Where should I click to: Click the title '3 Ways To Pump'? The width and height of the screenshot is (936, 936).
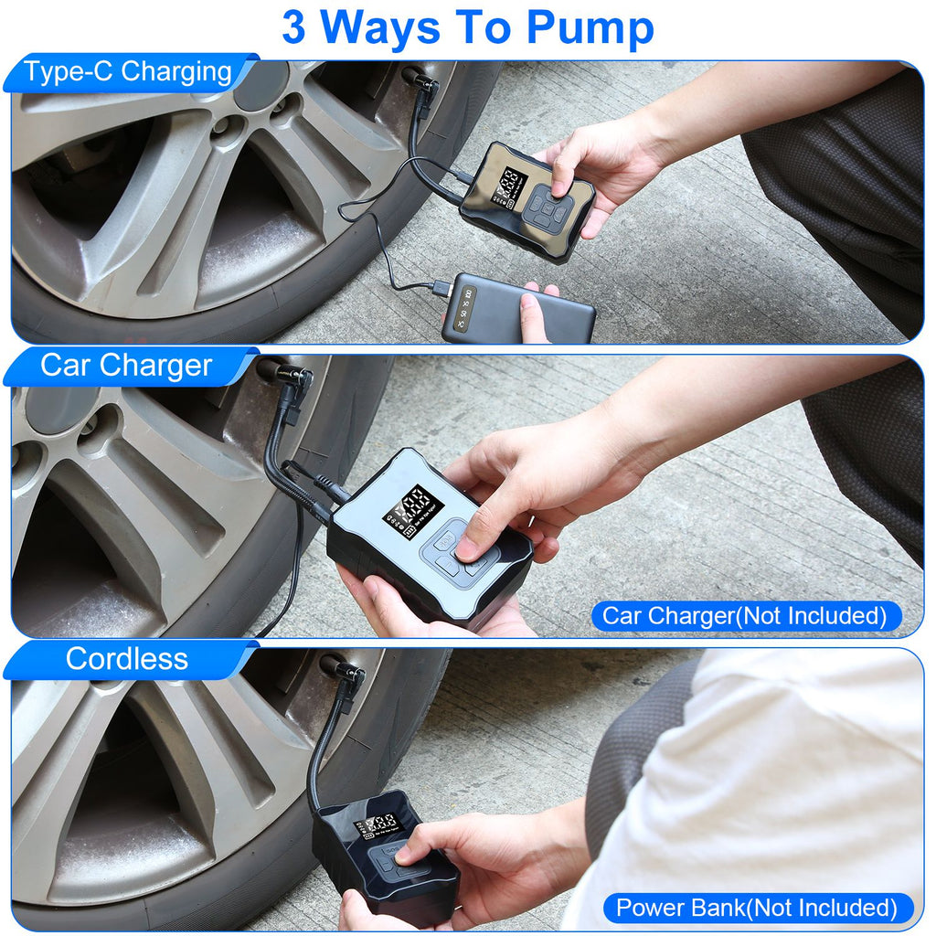tap(467, 27)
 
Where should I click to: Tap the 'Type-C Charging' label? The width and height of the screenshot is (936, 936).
tap(128, 72)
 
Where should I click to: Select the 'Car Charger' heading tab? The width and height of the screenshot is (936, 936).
tap(126, 366)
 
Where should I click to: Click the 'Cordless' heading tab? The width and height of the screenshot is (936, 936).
tap(126, 658)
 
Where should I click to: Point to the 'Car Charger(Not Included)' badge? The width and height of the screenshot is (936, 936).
tap(744, 616)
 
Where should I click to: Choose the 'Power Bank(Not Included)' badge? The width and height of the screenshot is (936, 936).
tap(757, 908)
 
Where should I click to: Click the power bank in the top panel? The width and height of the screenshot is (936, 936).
tap(516, 308)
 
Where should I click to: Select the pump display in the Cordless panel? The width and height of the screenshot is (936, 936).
tap(378, 824)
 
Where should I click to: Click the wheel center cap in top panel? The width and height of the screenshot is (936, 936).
tap(261, 87)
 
